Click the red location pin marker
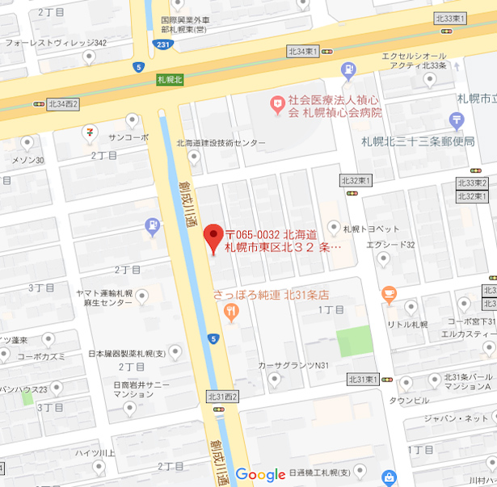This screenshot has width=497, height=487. pos(213,237)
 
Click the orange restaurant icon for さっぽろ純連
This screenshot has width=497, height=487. pos(232,310)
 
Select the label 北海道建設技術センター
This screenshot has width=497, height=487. pos(221,143)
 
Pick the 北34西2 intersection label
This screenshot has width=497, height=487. pos(63,103)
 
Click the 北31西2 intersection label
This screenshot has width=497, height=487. pos(222,396)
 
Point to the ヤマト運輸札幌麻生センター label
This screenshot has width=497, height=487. pos(104,298)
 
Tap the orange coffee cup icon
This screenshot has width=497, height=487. pos(390,294)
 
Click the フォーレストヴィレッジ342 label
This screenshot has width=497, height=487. pos(56,43)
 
